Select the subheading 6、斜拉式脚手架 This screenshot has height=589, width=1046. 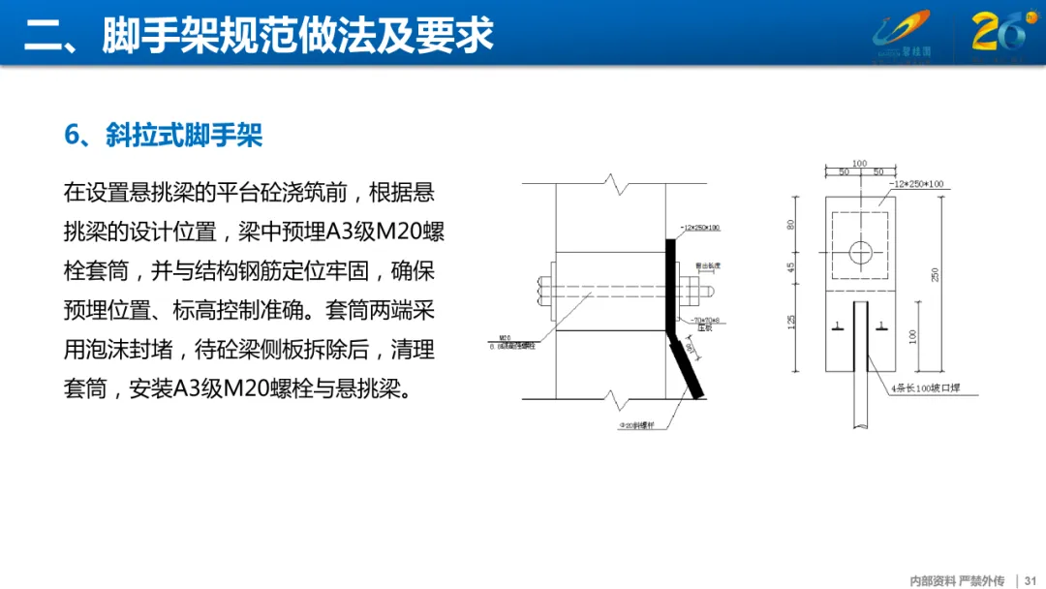tap(164, 135)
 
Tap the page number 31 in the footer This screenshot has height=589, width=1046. tap(1030, 580)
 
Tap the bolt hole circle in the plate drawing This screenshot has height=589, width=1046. tap(861, 252)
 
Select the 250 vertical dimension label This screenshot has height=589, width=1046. tap(935, 274)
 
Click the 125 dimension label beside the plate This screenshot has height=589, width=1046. tap(792, 322)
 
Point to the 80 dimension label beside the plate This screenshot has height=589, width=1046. tap(792, 224)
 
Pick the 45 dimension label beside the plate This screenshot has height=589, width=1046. tap(792, 267)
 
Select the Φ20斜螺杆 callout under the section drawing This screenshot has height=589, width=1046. tap(634, 423)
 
